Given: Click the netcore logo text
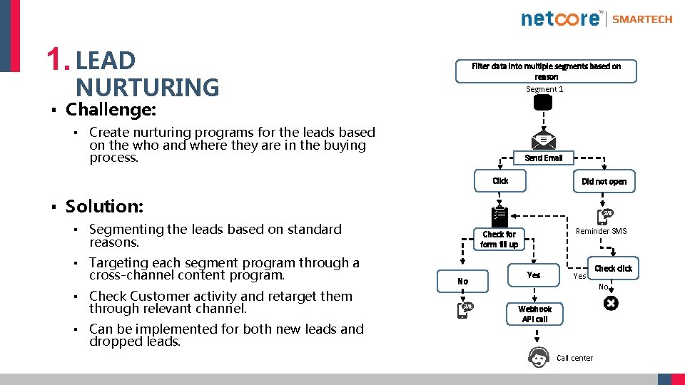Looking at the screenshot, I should [x=561, y=19].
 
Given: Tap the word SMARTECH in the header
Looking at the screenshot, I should [x=642, y=19].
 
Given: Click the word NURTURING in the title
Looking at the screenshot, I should [x=147, y=88].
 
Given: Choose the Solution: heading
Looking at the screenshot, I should [x=104, y=206].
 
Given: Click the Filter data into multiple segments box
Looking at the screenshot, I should [x=546, y=71].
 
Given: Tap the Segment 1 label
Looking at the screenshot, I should [x=544, y=89].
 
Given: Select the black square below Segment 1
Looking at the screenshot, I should [x=543, y=103].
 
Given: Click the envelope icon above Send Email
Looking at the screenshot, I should [x=543, y=141].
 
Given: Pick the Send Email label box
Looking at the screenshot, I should [x=543, y=158].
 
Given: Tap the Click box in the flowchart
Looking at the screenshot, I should [x=500, y=181].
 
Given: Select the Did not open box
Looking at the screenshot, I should [x=604, y=182].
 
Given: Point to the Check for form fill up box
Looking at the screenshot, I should [x=499, y=240].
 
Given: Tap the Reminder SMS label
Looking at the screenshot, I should [x=601, y=231].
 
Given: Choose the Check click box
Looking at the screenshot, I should [x=613, y=269].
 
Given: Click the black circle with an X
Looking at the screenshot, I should [x=611, y=304].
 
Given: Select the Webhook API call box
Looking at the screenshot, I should [x=534, y=314].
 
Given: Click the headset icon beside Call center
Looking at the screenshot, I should [x=539, y=356].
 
